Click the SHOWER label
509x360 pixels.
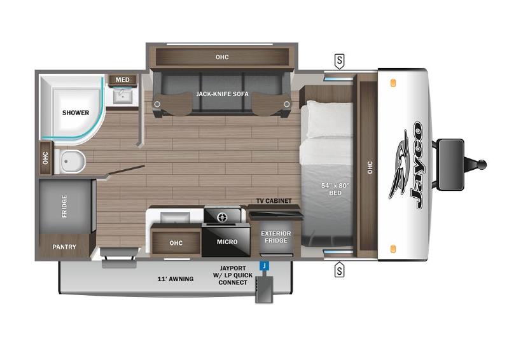click(x=75, y=113)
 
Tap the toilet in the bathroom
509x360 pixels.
click(x=70, y=161)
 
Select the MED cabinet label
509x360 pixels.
click(x=122, y=80)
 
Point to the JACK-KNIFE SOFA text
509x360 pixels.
click(x=222, y=93)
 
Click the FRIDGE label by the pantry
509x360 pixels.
click(x=64, y=206)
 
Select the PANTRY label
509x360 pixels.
click(x=64, y=247)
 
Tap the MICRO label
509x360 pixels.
click(x=227, y=242)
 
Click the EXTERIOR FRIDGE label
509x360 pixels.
click(x=276, y=237)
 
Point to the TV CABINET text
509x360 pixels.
click(x=274, y=201)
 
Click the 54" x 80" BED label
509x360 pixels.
click(x=335, y=190)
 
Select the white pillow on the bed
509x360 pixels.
click(x=329, y=119)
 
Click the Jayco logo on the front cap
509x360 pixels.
click(x=407, y=165)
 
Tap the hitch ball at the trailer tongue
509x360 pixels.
click(x=482, y=165)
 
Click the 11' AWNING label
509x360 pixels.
click(x=176, y=279)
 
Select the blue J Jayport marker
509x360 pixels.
click(x=264, y=266)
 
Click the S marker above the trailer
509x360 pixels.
click(x=339, y=61)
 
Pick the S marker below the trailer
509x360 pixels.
click(x=339, y=270)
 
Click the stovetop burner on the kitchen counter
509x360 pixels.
click(x=222, y=216)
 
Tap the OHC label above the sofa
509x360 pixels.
click(x=222, y=57)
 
